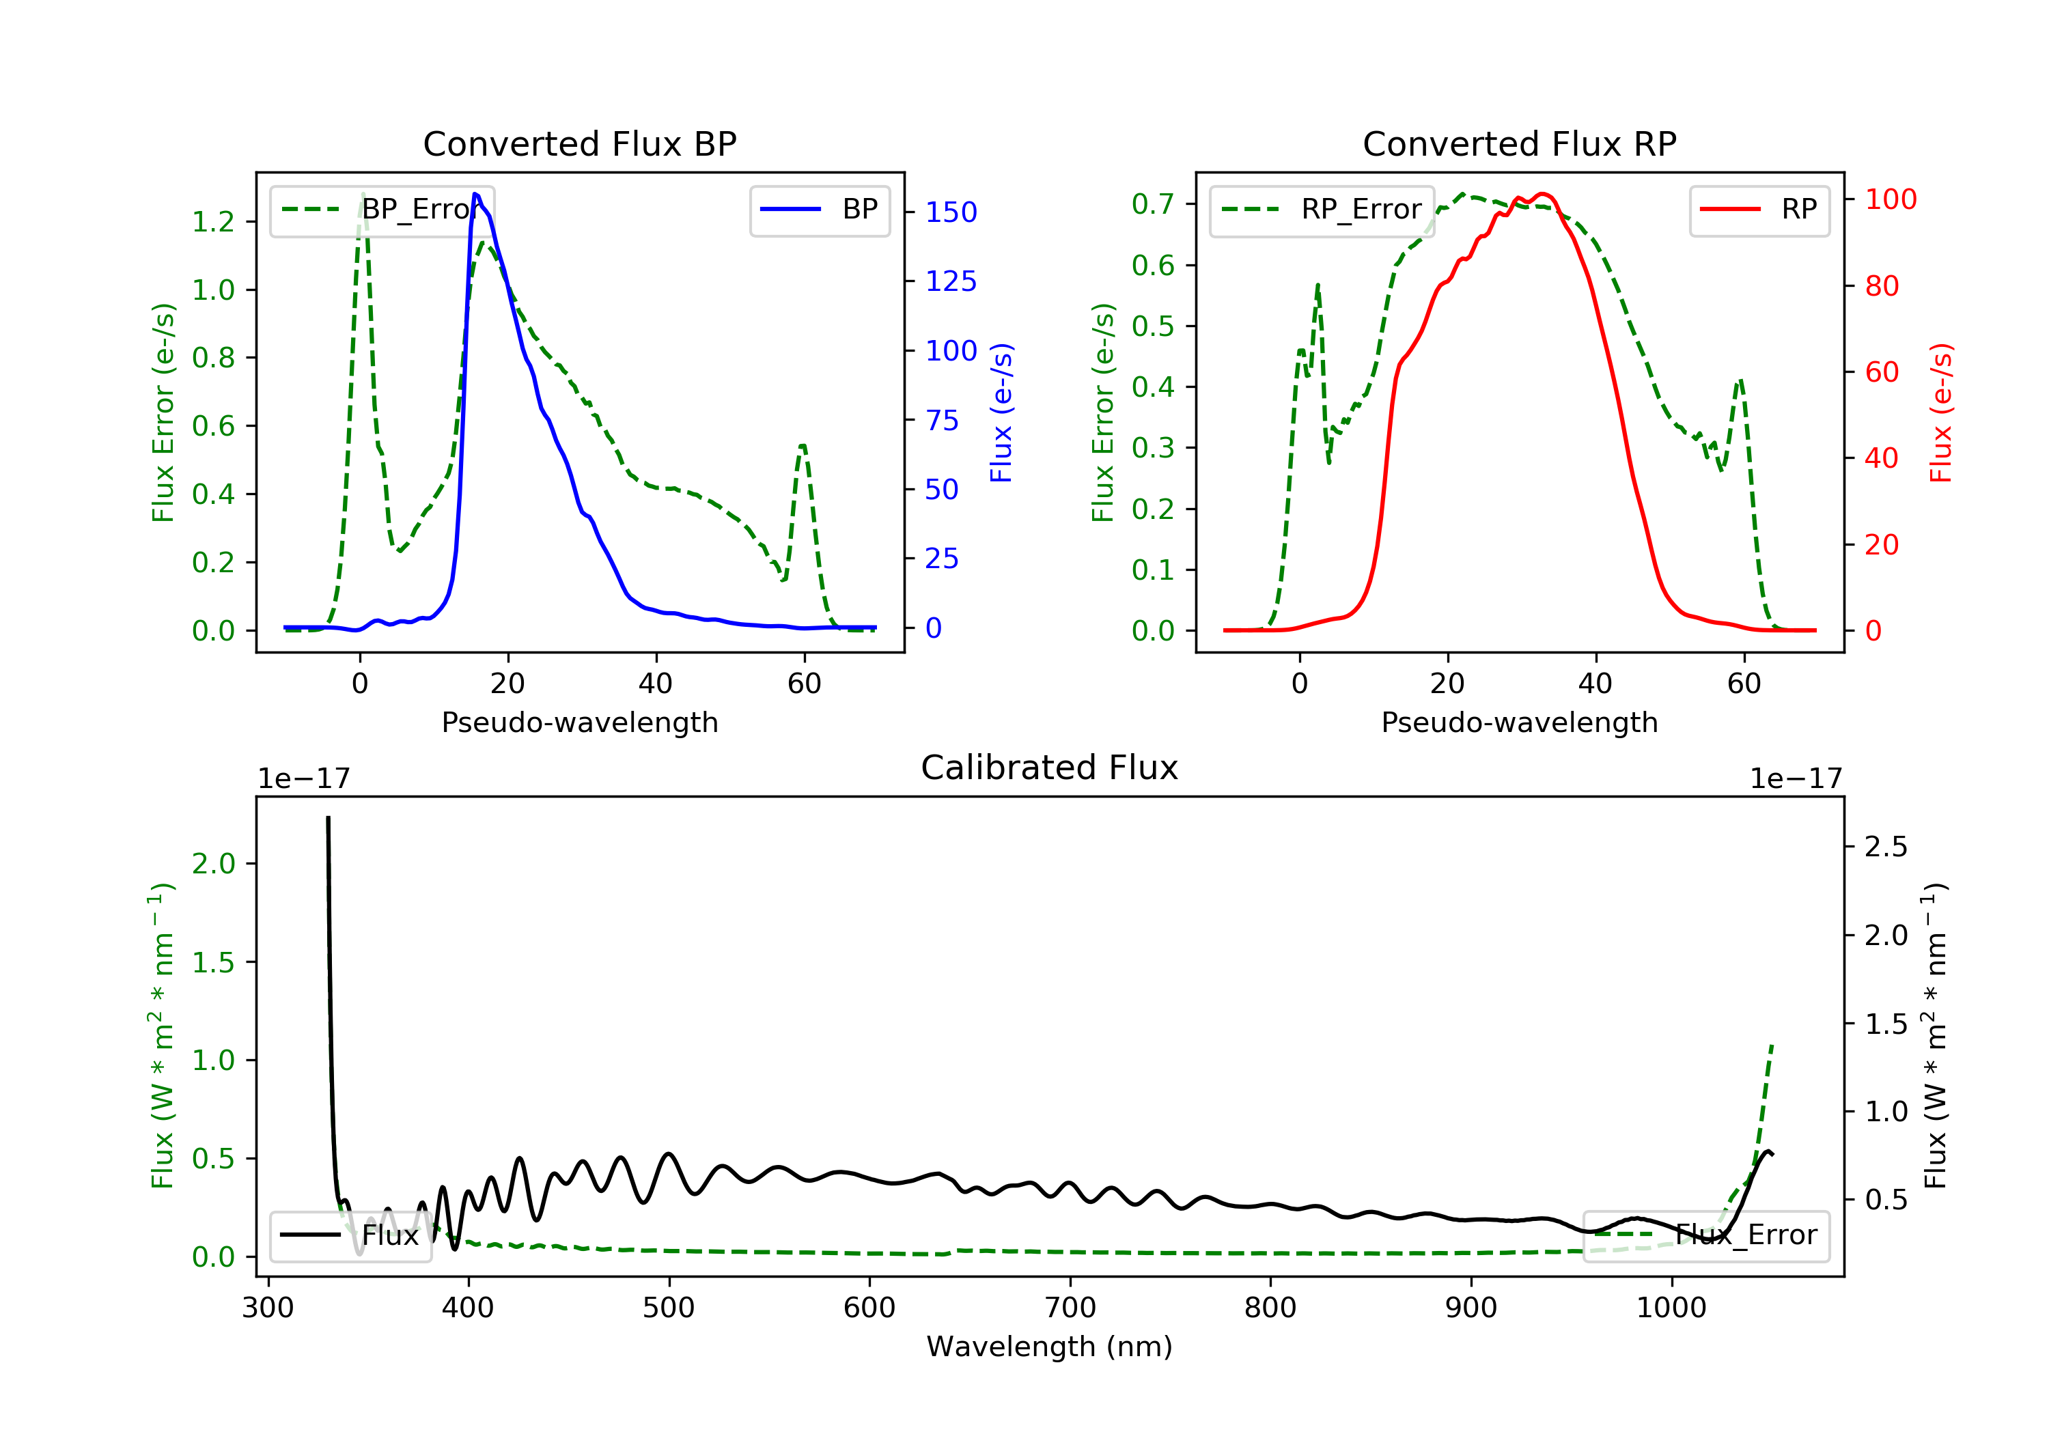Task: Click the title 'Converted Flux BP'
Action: point(579,143)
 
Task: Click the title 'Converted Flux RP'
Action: point(1519,143)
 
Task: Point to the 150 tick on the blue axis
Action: point(951,212)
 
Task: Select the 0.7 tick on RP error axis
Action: point(1153,203)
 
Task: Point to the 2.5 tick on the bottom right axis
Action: point(1886,846)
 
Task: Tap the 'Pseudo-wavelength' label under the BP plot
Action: point(579,722)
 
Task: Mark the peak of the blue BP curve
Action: point(475,194)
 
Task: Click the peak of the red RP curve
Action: point(1542,194)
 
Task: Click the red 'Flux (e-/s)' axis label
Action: point(1941,412)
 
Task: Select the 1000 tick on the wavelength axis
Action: point(1671,1308)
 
